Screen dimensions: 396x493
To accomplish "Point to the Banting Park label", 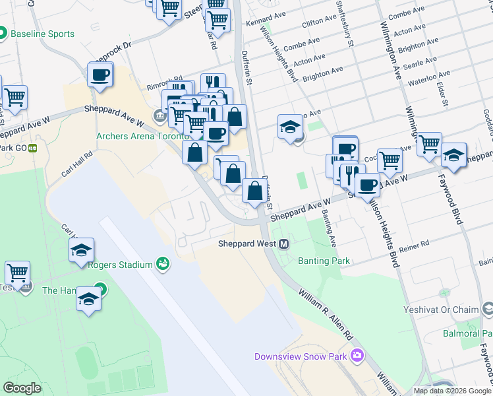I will (x=324, y=261).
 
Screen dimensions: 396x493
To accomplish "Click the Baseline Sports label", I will (x=42, y=34).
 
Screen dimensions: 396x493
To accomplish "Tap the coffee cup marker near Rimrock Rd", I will (x=100, y=76).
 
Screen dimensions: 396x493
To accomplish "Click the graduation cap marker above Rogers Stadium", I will (x=81, y=251).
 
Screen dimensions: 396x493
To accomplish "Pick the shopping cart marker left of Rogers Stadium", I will (x=17, y=272).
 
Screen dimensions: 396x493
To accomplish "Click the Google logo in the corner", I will (x=22, y=388).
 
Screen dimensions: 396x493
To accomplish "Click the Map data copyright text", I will (x=452, y=391).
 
